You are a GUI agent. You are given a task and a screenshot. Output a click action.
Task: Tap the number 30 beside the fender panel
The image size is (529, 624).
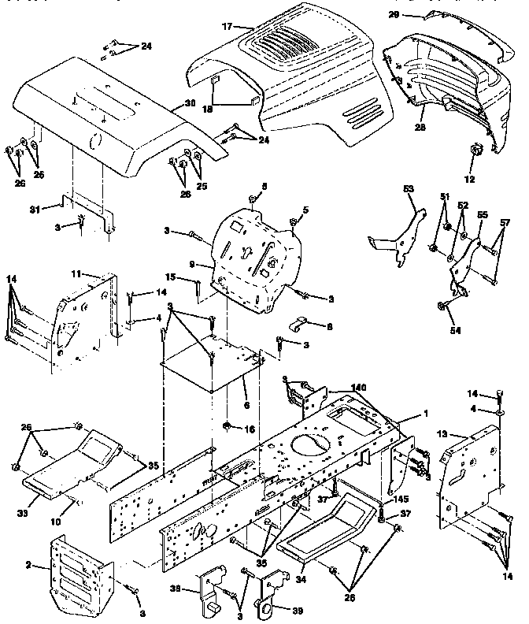point(190,104)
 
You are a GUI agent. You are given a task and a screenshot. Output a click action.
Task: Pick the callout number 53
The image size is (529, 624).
point(409,189)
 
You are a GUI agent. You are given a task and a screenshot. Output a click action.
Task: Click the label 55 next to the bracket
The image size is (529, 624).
point(482,214)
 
